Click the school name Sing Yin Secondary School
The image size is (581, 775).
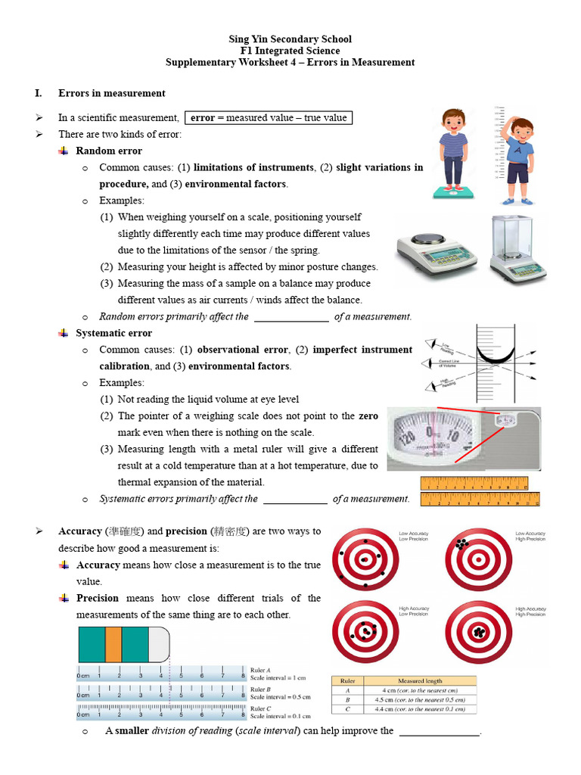pos(290,39)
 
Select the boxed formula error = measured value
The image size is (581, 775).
pos(269,117)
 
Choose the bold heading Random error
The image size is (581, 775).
pos(109,151)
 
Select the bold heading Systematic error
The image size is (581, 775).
pos(113,333)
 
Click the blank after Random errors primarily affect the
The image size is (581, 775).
pos(291,317)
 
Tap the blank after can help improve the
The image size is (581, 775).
pos(439,731)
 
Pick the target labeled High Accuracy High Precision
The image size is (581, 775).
pos(478,632)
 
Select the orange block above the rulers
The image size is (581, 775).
pos(113,644)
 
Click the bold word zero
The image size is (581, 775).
pos(368,416)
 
